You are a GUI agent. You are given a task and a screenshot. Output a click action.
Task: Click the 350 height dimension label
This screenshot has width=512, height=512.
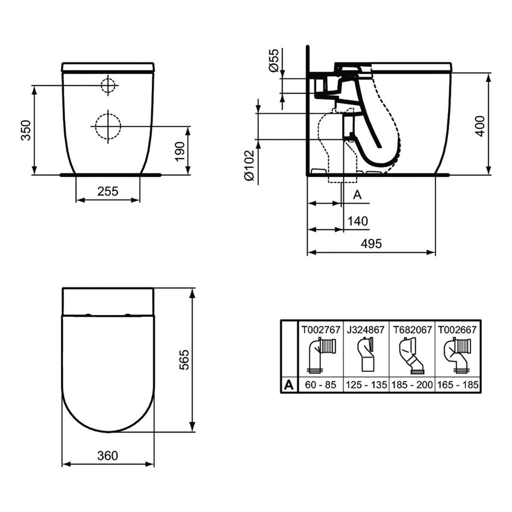click(x=26, y=130)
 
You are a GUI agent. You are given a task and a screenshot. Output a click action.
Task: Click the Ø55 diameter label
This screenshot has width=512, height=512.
click(x=273, y=61)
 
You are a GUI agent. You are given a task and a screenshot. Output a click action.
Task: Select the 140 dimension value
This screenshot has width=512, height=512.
click(x=358, y=221)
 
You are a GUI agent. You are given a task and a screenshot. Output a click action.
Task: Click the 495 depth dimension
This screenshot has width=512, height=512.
click(x=371, y=243)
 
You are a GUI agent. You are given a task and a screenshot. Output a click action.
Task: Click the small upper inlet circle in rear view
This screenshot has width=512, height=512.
click(x=107, y=86)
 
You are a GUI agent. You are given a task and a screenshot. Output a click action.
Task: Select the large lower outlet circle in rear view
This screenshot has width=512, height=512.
click(x=108, y=126)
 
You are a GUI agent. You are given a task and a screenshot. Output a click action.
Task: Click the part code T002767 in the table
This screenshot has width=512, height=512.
click(x=320, y=330)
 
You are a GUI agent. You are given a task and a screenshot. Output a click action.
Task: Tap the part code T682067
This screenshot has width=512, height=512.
click(x=412, y=330)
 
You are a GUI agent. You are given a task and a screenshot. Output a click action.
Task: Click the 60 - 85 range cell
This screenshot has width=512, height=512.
click(x=320, y=384)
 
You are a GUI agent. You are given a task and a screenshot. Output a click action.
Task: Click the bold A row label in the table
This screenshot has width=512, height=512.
click(x=289, y=384)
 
